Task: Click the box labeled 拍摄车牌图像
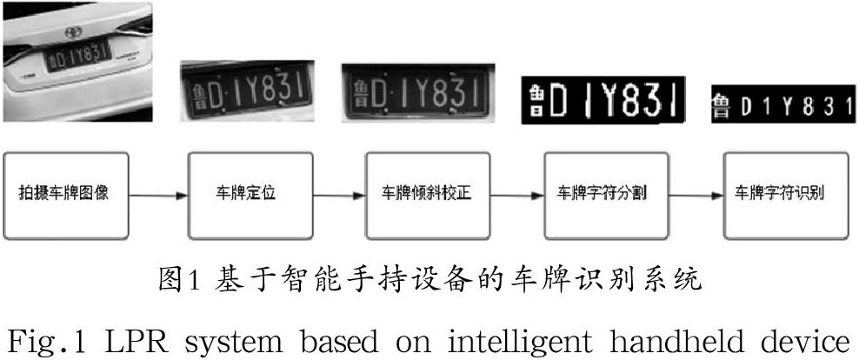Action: [68, 193]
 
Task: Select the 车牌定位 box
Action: [244, 193]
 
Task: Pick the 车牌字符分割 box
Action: [605, 193]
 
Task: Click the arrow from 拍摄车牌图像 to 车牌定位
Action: [158, 194]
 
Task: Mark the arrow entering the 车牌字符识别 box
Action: [696, 194]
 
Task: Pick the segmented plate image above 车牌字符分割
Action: [603, 100]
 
